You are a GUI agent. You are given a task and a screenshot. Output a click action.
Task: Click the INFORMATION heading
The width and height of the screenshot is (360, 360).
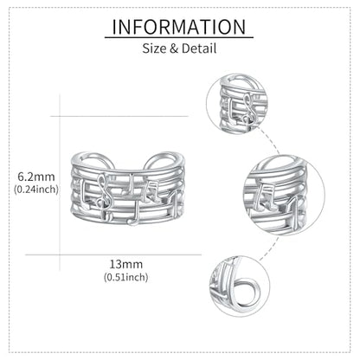tap(179, 27)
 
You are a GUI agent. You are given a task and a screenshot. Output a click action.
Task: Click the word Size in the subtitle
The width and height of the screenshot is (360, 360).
tap(154, 48)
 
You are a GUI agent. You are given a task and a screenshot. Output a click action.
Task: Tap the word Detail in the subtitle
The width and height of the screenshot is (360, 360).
tap(199, 48)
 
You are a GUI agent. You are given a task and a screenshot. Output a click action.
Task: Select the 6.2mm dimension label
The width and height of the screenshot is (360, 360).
tap(36, 177)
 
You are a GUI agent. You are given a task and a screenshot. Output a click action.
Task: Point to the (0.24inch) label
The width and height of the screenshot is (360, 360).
tap(36, 190)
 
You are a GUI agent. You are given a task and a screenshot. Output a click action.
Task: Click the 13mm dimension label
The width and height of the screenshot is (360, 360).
tap(125, 264)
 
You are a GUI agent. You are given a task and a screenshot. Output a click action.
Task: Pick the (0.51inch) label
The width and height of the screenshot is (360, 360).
tap(126, 277)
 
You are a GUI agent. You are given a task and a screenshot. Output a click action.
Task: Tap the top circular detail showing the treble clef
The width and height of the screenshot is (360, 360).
tap(236, 103)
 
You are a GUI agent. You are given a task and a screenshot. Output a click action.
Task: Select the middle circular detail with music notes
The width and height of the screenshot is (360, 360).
tap(284, 195)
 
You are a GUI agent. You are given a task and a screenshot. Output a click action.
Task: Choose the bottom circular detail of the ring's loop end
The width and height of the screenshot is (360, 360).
tap(240, 286)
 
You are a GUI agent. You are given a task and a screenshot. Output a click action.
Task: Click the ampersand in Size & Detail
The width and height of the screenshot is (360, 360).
tap(174, 48)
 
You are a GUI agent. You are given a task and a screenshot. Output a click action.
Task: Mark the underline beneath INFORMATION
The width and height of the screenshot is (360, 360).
tap(179, 37)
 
